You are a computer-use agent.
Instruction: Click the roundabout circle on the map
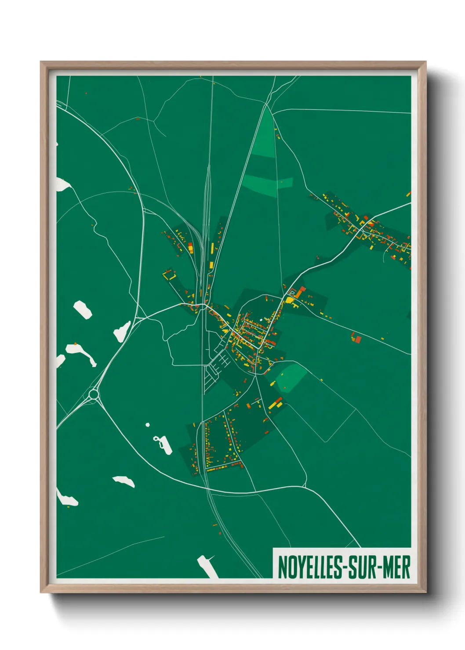[x=93, y=394]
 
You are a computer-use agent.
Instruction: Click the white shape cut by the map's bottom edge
[x=207, y=567]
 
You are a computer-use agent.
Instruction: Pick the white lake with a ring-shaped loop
[x=163, y=444]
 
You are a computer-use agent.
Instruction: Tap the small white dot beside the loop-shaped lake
[x=148, y=425]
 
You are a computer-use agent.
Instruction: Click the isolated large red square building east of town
[x=358, y=339]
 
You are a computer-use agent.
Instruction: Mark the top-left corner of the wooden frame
[x=41, y=62]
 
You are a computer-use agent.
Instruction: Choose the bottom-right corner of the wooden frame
[x=426, y=592]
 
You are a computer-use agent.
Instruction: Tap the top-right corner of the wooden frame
[x=426, y=62]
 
